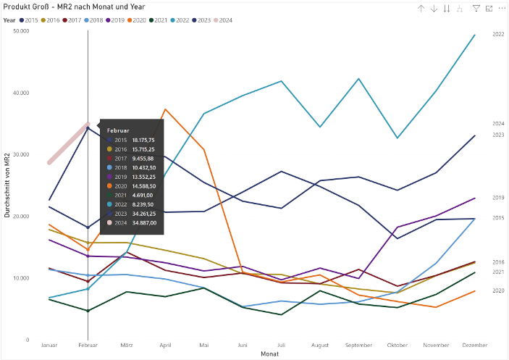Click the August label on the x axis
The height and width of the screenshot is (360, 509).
point(320,346)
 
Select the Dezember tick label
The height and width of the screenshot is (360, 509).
point(474,346)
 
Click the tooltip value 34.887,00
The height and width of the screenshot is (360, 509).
point(144,224)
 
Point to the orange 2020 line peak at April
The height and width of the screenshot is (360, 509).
point(165,109)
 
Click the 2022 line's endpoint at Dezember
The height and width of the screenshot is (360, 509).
point(474,35)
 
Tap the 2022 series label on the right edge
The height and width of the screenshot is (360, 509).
point(498,34)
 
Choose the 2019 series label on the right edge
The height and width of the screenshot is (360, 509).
point(498,198)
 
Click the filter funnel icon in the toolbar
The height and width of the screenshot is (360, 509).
point(476,9)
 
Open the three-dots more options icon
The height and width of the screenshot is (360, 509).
point(501,9)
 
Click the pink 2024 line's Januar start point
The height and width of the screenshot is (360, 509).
point(49,163)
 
